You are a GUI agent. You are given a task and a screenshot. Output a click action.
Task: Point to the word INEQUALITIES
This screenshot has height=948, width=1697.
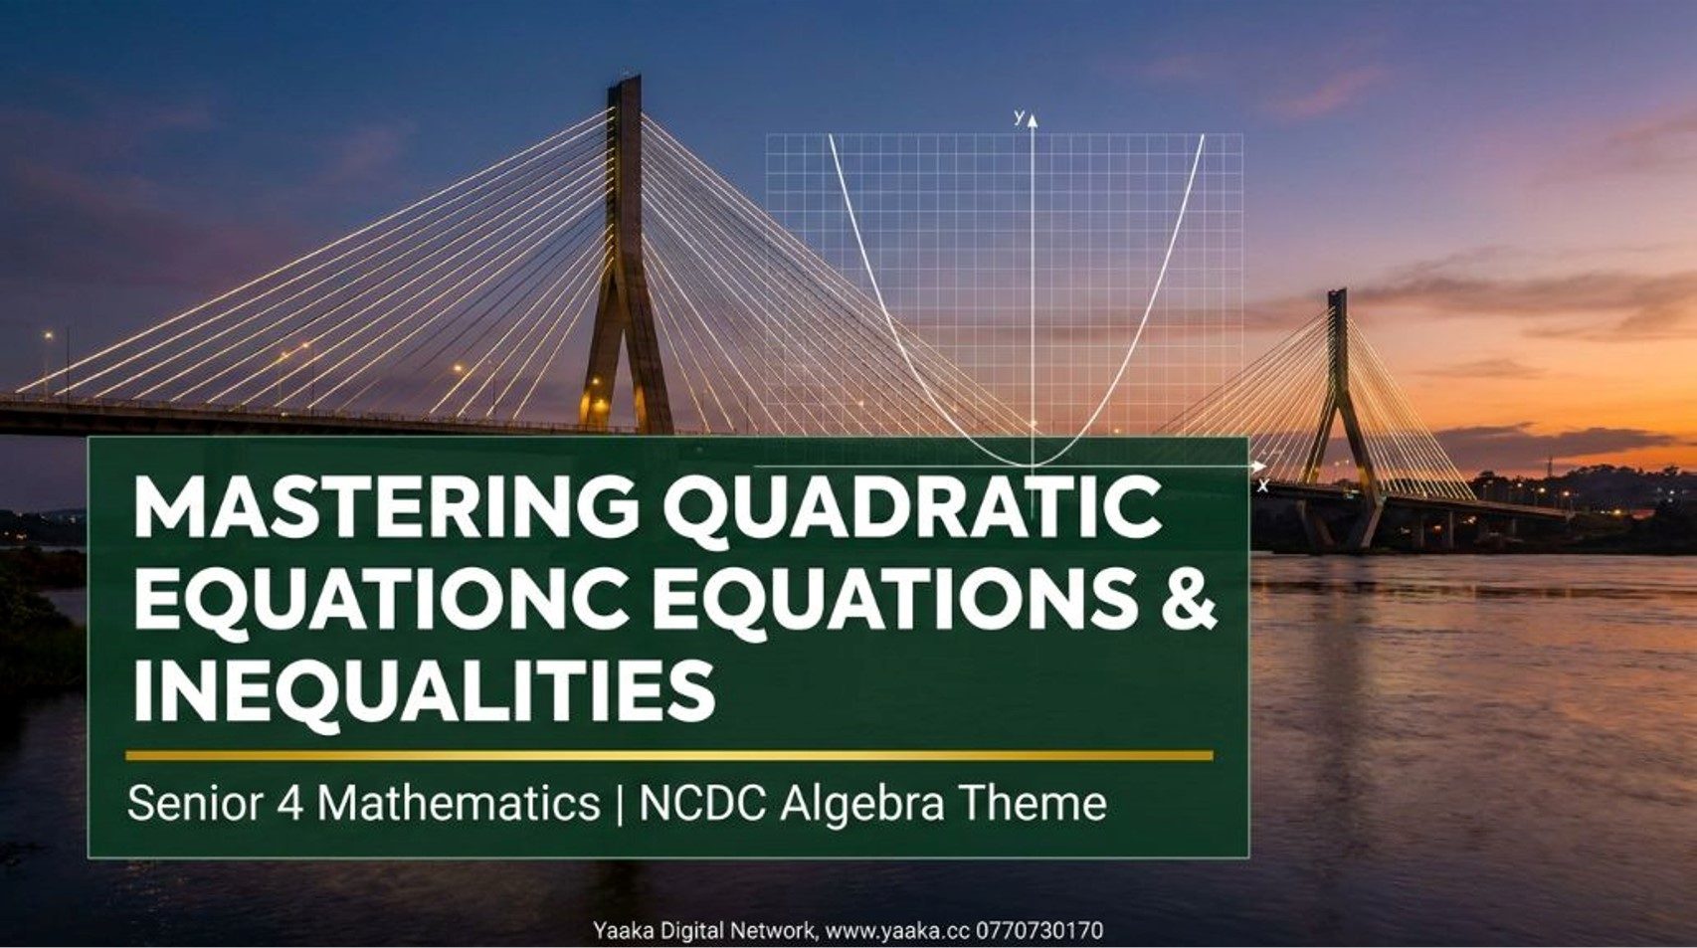[424, 692]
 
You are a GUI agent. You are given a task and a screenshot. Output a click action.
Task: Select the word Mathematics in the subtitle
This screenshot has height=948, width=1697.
[460, 803]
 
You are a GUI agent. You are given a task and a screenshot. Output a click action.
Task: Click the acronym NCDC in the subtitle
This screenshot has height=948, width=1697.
[704, 803]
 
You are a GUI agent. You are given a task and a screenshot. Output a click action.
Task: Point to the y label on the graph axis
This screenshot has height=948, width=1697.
[1019, 116]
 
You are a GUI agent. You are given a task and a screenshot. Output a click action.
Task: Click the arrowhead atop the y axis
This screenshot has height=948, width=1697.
[1032, 119]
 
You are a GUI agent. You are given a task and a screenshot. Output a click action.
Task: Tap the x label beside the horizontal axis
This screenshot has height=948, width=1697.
[1262, 486]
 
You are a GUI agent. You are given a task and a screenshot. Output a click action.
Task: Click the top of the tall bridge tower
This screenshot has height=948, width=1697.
[625, 78]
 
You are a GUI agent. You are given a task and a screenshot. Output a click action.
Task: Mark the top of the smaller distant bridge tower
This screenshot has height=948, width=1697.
[1337, 291]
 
